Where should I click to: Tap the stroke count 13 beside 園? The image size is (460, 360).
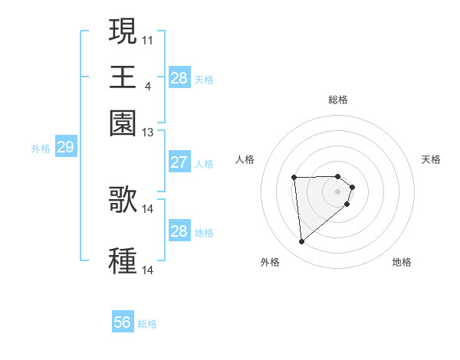pyautogui.click(x=148, y=132)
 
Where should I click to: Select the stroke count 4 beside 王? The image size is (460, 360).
pyautogui.click(x=147, y=85)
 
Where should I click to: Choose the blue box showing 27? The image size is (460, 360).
pyautogui.click(x=179, y=162)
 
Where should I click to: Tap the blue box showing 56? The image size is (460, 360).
pyautogui.click(x=123, y=322)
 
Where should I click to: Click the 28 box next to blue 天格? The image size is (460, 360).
pyautogui.click(x=179, y=78)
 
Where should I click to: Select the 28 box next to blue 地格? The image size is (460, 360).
pyautogui.click(x=179, y=231)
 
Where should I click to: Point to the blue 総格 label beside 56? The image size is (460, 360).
pyautogui.click(x=147, y=324)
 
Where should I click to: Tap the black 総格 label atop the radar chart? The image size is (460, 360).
pyautogui.click(x=338, y=100)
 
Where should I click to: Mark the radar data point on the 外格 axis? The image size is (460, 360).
pyautogui.click(x=302, y=242)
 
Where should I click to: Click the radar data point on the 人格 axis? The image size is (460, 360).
pyautogui.click(x=294, y=178)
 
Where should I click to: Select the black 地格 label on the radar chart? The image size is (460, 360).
pyautogui.click(x=402, y=262)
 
